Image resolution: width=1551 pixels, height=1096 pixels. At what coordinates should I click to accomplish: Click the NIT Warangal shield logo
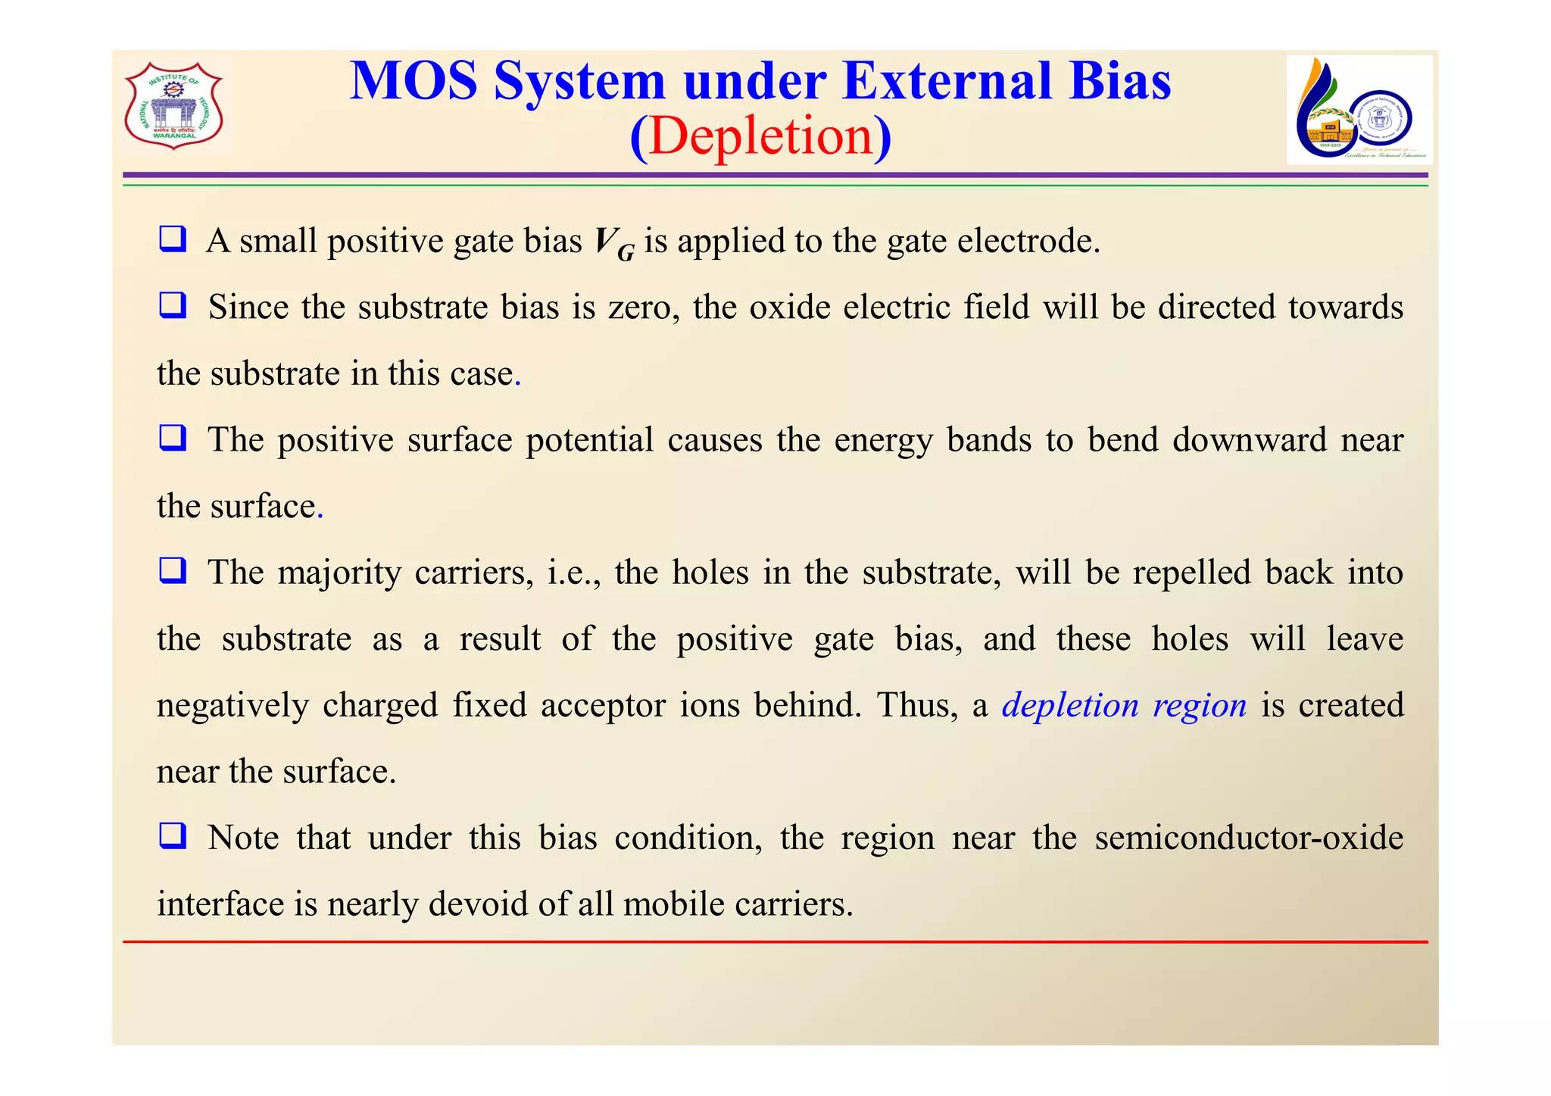coord(174,106)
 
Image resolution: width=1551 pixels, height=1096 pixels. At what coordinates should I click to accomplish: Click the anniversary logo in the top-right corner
coord(1359,110)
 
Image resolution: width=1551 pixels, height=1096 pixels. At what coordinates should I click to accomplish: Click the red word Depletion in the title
coord(761,136)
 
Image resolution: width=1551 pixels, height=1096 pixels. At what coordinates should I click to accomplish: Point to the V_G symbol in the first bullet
coord(613,244)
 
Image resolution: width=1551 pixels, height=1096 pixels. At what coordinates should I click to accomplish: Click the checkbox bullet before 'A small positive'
coord(173,239)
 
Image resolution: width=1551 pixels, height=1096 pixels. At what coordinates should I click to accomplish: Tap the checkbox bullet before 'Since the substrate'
coord(173,306)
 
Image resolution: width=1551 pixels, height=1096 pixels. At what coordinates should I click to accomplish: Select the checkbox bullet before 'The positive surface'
coord(173,439)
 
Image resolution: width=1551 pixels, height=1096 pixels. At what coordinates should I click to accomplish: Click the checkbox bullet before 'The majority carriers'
coord(173,571)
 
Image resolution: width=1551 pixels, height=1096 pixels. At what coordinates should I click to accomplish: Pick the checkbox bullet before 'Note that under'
coord(173,836)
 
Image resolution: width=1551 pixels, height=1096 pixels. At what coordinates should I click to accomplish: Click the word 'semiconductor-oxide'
coord(1249,838)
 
